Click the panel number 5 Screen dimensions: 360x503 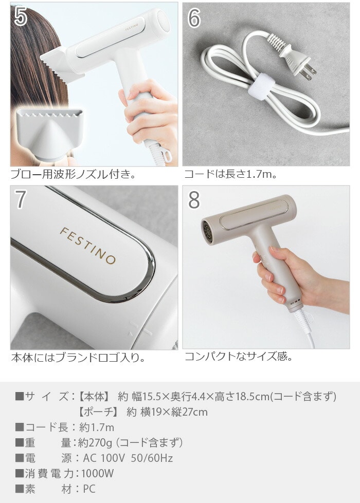[21, 16]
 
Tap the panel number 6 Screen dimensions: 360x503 [194, 17]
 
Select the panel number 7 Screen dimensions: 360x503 [20, 199]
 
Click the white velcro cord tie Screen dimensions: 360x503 [259, 85]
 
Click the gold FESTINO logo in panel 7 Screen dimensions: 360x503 [87, 245]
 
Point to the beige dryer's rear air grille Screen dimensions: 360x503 [208, 231]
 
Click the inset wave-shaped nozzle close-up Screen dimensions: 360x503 [50, 134]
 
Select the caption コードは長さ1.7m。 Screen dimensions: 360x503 [230, 174]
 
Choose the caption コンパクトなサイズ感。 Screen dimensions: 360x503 [238, 356]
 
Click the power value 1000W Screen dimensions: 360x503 [97, 474]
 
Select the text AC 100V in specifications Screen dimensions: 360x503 [104, 458]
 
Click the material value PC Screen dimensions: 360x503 [89, 489]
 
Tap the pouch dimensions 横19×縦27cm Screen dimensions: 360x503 [174, 412]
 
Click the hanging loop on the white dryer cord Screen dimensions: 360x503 [167, 156]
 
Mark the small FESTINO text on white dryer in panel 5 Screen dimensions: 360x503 [132, 27]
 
